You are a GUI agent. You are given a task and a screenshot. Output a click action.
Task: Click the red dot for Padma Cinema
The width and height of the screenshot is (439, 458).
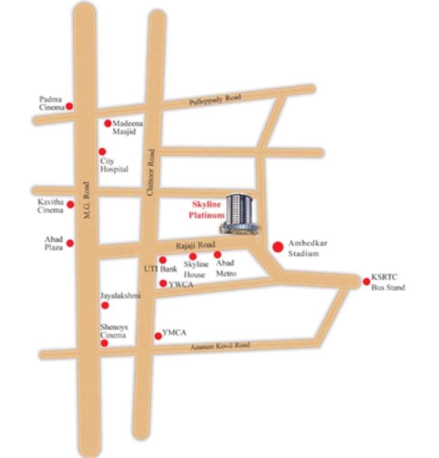[x=69, y=106]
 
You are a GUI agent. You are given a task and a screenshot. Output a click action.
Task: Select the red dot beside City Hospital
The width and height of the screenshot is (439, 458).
[x=102, y=151]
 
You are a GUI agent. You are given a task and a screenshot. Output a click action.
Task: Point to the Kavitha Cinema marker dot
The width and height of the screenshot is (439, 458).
[x=70, y=205]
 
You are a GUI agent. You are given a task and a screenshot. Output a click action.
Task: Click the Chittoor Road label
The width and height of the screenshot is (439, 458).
[x=151, y=173]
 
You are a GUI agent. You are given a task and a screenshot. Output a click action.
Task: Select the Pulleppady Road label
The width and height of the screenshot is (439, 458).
[x=215, y=100]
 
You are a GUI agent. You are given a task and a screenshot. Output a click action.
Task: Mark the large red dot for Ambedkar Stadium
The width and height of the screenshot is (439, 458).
[x=278, y=246]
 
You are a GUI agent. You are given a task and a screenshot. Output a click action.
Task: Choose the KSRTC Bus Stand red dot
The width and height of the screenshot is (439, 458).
[x=366, y=281]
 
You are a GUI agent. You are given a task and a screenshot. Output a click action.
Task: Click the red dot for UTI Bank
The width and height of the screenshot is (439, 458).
[x=163, y=260]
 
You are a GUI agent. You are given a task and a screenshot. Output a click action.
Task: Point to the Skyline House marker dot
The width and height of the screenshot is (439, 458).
[x=193, y=256]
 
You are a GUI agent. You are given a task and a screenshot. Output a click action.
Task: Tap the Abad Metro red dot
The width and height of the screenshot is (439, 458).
[x=217, y=255]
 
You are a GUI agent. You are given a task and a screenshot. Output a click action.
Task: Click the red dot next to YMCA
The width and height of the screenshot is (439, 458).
[x=158, y=336]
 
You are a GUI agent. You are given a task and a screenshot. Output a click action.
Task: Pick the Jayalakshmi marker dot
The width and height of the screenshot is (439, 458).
[x=105, y=305]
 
